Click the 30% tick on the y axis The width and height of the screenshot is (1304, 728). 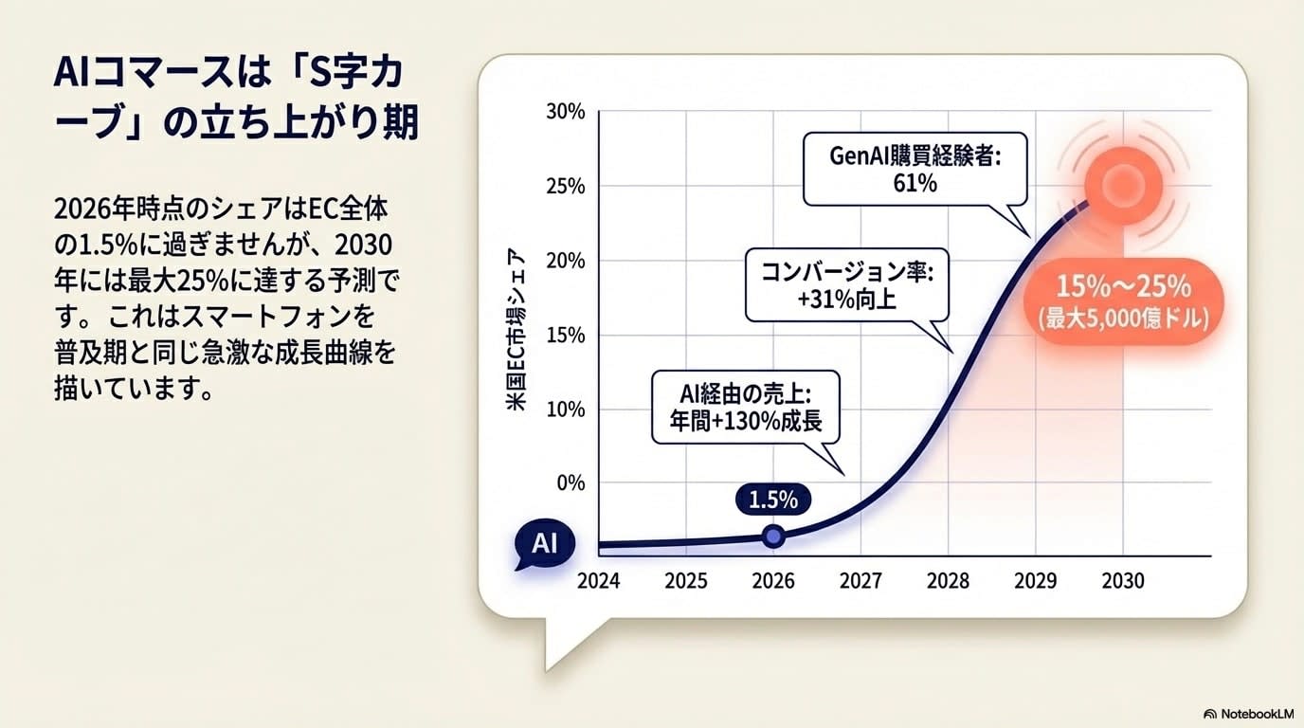click(x=566, y=112)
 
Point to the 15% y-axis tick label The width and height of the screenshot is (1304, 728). click(x=566, y=335)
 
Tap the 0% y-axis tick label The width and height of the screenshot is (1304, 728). click(x=570, y=482)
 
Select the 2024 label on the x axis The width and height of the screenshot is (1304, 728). click(x=598, y=580)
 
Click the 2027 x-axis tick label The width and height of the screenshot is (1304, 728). click(x=860, y=580)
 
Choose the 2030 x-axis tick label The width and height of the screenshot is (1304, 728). click(x=1123, y=580)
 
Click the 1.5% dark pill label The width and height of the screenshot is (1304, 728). click(x=773, y=499)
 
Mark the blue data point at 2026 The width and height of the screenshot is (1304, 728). click(x=773, y=537)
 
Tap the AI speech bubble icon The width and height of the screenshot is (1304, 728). click(x=543, y=545)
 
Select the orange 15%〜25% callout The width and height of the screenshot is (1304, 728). click(x=1124, y=301)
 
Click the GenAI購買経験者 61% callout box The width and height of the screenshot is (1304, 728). click(x=915, y=169)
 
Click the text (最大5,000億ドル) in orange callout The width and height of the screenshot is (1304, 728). click(x=1124, y=319)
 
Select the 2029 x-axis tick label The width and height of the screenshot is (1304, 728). click(x=1035, y=580)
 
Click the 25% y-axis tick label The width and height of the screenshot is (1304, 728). click(x=566, y=186)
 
